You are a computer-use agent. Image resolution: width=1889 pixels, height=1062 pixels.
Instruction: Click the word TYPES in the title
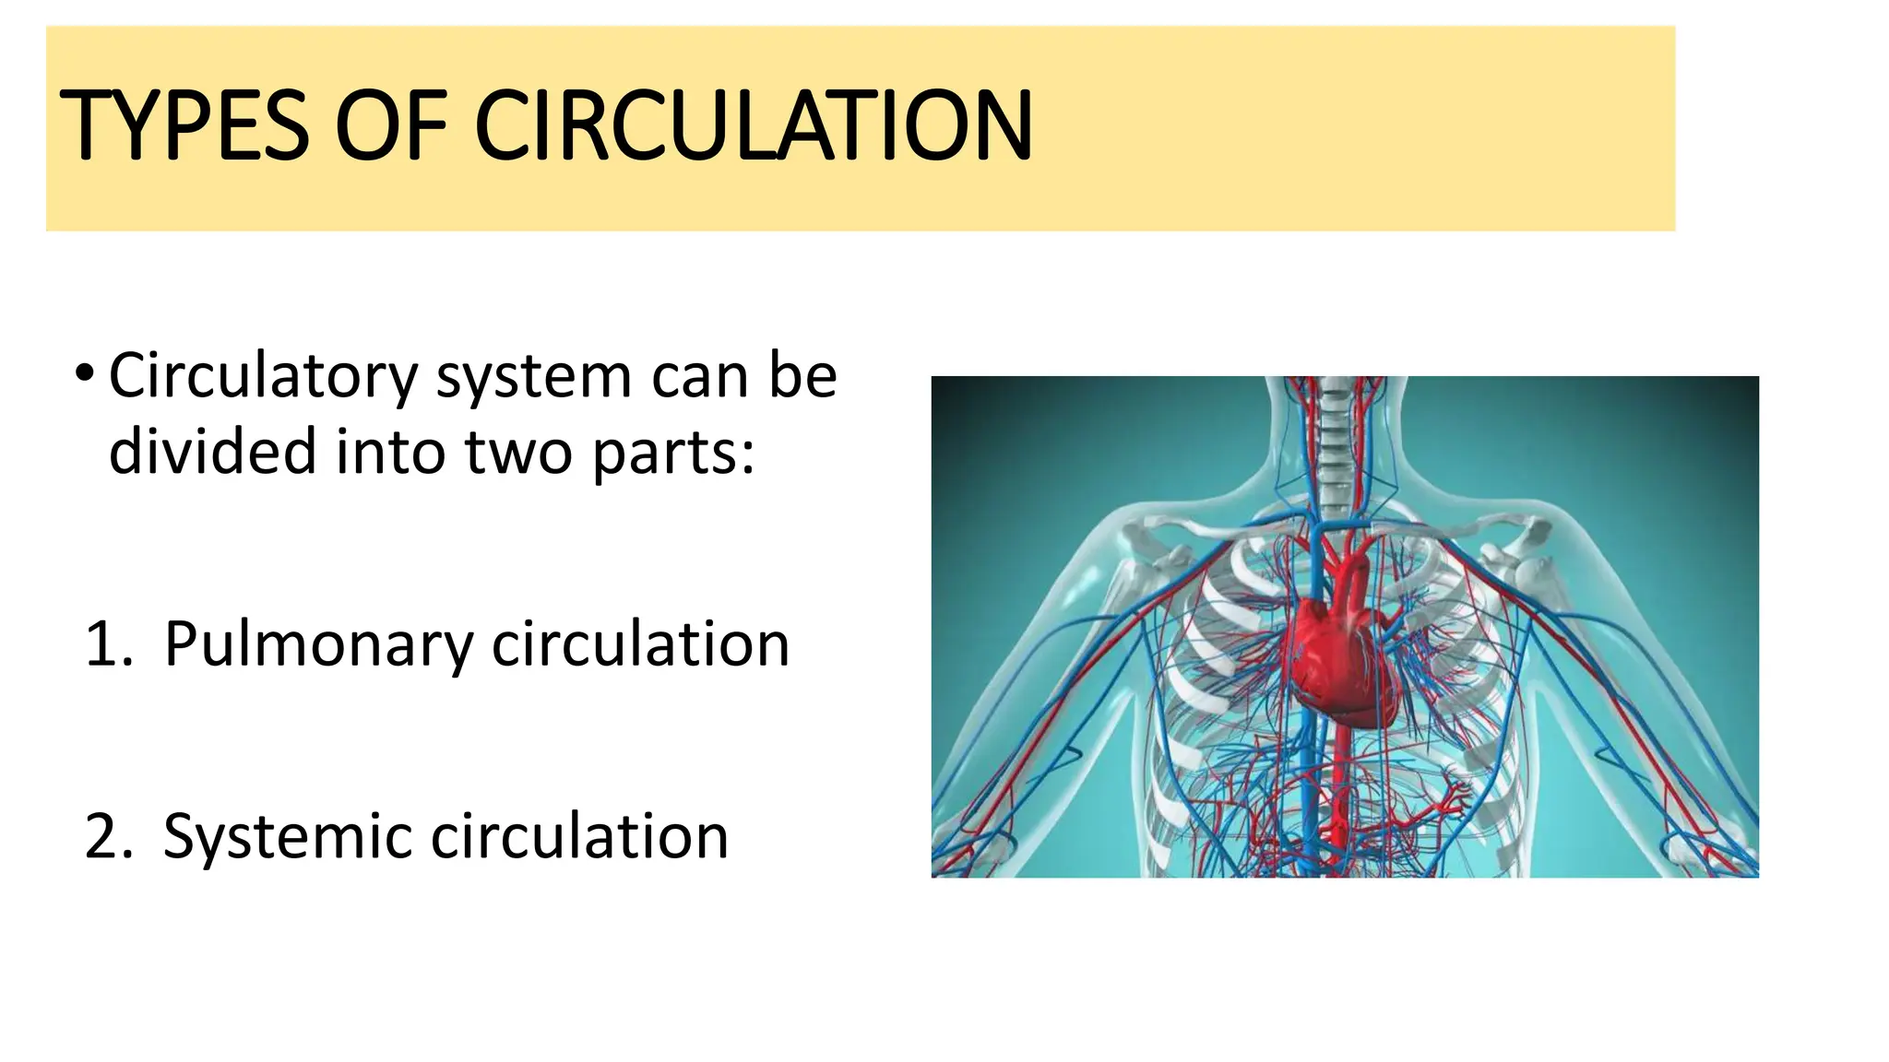coord(184,125)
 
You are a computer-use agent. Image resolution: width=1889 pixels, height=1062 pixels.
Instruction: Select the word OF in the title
coord(390,125)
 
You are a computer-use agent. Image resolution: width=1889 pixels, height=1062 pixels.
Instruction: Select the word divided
coord(212,452)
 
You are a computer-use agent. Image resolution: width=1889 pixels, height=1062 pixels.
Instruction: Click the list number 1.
coord(109,643)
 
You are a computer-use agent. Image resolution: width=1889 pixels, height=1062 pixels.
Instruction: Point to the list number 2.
coord(109,836)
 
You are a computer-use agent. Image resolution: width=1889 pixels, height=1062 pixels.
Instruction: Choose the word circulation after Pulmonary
coord(640,643)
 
